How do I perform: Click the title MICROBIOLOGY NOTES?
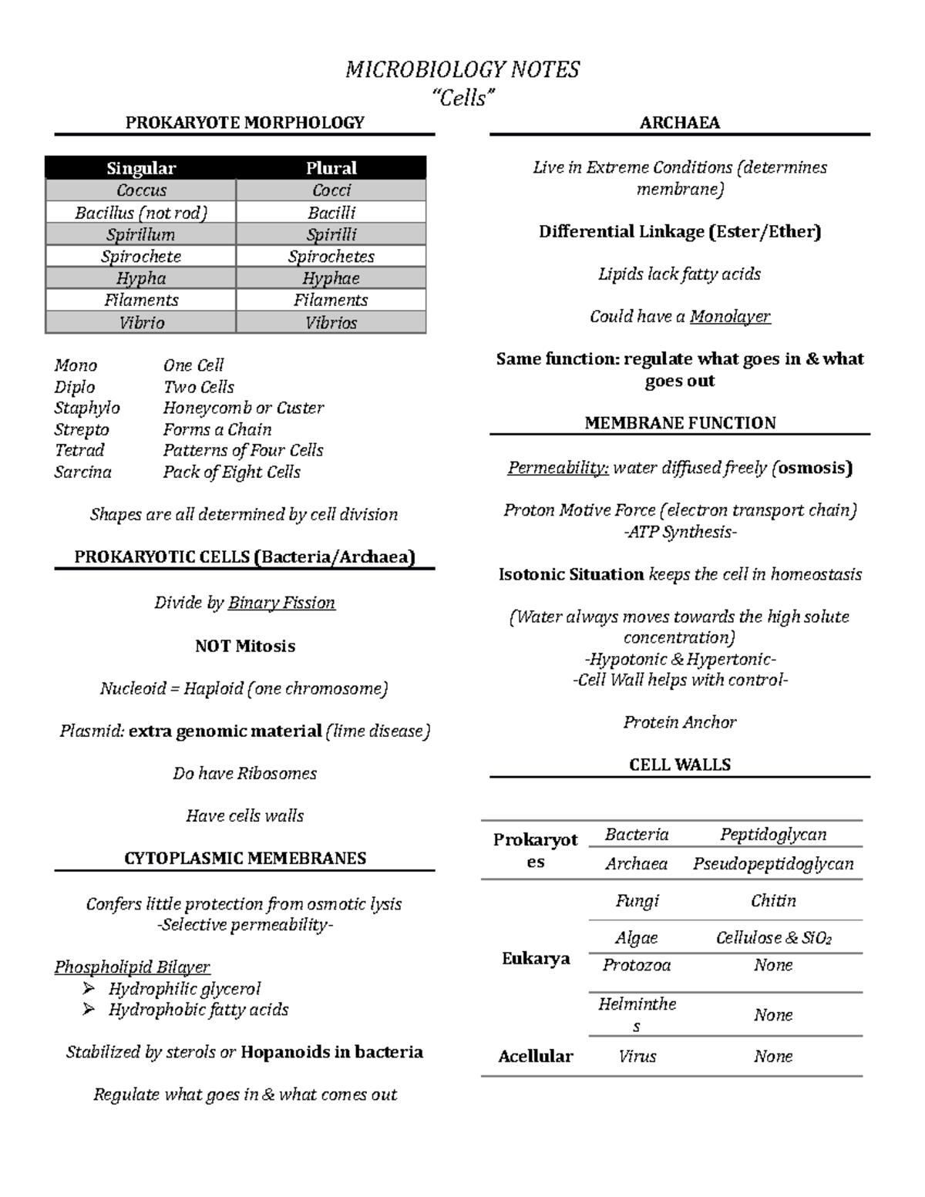[x=462, y=70]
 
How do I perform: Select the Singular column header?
[x=141, y=168]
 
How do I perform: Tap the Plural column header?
[x=331, y=168]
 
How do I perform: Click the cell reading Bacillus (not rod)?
[x=141, y=213]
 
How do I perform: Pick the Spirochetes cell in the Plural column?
[x=331, y=257]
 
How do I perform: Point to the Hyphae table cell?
[x=331, y=278]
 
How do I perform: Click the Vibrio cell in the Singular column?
[x=141, y=323]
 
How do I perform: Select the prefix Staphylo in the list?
[x=87, y=408]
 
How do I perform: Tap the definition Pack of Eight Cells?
[x=231, y=472]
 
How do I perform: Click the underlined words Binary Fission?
[x=281, y=603]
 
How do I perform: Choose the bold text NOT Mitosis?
[x=244, y=646]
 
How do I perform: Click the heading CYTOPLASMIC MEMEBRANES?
[x=244, y=858]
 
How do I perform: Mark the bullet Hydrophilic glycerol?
[x=184, y=989]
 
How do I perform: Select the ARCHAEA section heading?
[x=679, y=123]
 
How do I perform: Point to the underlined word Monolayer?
[x=729, y=316]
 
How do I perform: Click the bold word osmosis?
[x=814, y=468]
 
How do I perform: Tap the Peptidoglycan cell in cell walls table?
[x=772, y=834]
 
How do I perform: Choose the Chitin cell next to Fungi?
[x=772, y=900]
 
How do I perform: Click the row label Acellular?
[x=535, y=1056]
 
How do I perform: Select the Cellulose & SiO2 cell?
[x=772, y=938]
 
